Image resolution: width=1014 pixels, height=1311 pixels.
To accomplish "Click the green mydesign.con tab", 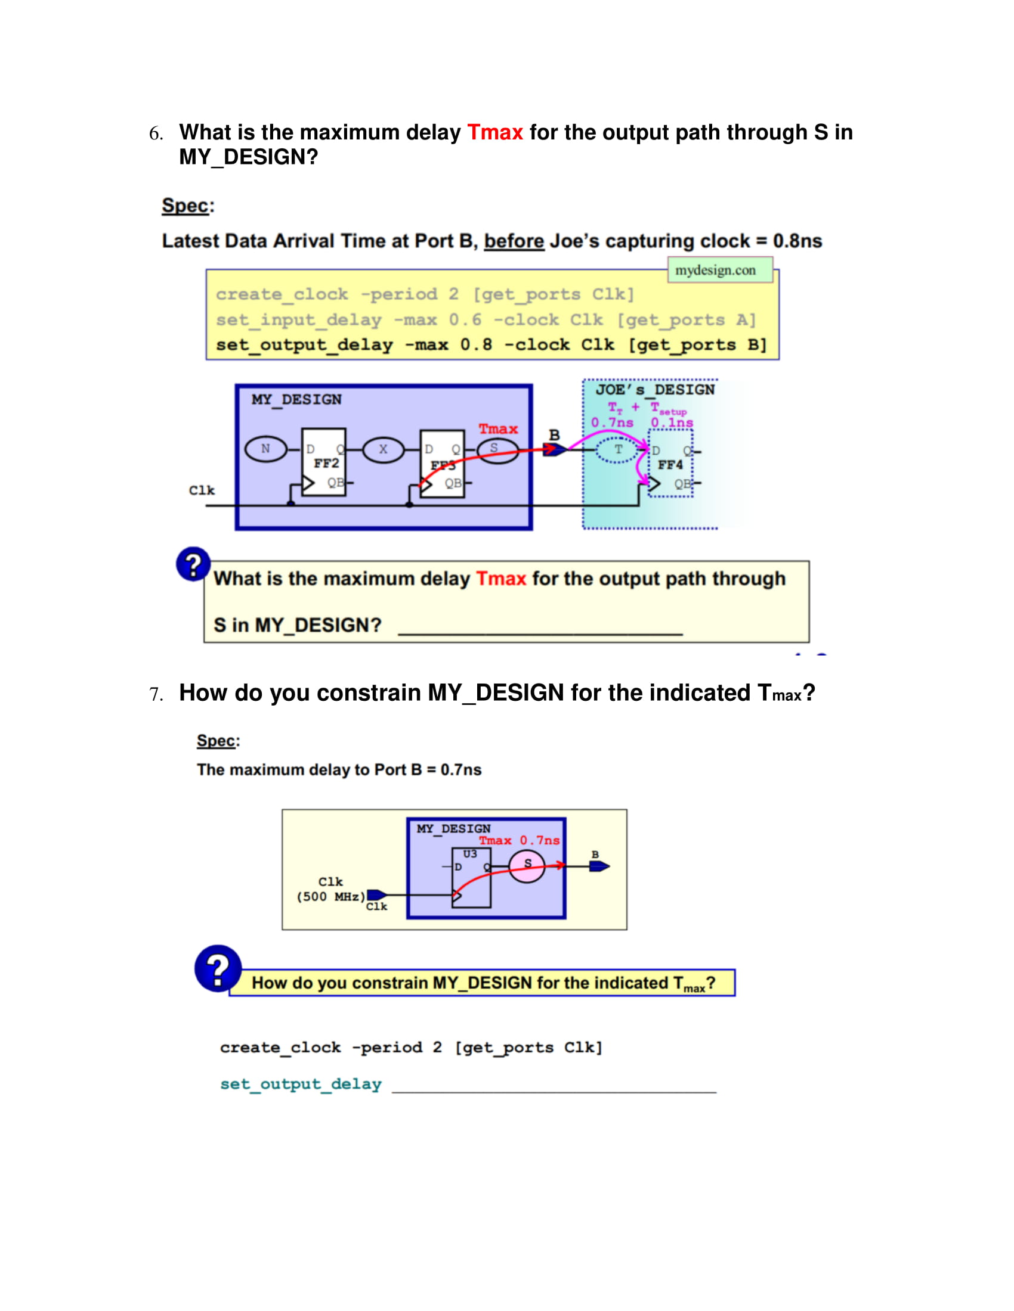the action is tap(720, 270).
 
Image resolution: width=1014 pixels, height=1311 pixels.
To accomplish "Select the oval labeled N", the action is tap(265, 448).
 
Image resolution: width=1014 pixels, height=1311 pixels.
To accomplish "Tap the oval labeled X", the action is tap(384, 449).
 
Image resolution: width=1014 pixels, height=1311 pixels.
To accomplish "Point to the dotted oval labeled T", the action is tap(618, 449).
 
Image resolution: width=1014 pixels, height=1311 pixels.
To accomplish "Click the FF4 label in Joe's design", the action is tap(670, 465).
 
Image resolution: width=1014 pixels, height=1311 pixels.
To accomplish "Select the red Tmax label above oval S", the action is tap(498, 428).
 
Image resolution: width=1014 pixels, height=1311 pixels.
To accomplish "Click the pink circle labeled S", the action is tap(527, 867).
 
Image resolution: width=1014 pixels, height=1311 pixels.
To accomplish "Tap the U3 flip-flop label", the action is tap(470, 853).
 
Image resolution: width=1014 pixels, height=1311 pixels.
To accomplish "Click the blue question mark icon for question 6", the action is tap(193, 564).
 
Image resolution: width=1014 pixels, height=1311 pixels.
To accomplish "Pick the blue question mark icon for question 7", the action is tap(218, 968).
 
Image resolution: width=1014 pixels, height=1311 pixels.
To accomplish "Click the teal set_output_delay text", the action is tap(301, 1083).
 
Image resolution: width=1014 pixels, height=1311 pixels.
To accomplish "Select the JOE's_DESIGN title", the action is tap(655, 390).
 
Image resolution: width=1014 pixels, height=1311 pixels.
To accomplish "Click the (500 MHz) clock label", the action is tap(331, 897).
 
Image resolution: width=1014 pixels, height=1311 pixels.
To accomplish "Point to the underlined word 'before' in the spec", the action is tap(514, 241).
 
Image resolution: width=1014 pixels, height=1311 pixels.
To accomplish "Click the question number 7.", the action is tap(156, 694).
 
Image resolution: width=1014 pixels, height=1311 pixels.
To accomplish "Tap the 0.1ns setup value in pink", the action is tap(672, 422).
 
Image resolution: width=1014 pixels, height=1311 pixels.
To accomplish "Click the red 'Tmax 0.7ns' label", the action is tap(519, 840).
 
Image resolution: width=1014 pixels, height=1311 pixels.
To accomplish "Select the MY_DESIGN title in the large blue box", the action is tap(296, 400).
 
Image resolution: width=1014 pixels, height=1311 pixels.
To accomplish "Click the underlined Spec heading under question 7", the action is tap(217, 741).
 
